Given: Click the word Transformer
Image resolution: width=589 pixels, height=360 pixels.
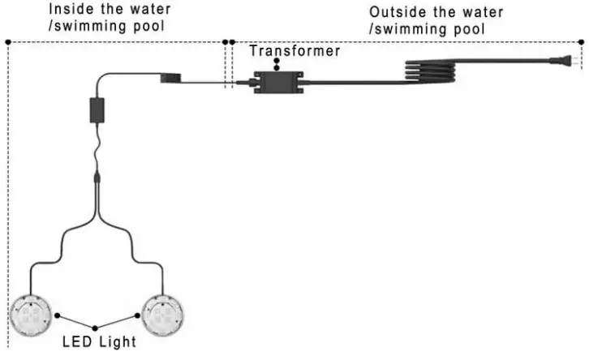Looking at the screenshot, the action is click(x=294, y=51).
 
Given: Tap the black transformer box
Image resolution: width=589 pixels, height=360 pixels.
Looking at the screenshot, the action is click(x=278, y=82).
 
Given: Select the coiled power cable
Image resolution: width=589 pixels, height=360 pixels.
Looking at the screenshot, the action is click(x=430, y=71).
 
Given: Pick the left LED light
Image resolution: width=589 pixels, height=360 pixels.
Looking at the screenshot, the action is click(x=31, y=315).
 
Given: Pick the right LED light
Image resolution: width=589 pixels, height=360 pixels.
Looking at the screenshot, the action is click(x=162, y=315).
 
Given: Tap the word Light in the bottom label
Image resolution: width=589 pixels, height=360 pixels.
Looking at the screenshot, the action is click(x=118, y=342).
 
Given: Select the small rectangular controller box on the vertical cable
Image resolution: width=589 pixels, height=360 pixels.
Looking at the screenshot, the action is click(x=97, y=110).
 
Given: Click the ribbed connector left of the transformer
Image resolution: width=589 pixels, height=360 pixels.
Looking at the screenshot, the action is click(x=170, y=78).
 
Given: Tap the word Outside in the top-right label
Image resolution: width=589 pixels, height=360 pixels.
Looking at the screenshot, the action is click(x=398, y=12).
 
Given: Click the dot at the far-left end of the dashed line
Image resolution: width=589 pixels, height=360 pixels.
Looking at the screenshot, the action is click(x=8, y=42).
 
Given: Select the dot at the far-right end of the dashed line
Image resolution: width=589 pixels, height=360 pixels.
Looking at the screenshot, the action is click(x=581, y=42).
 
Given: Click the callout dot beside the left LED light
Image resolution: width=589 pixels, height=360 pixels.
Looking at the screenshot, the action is click(x=57, y=315).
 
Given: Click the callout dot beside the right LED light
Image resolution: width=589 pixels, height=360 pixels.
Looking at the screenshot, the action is click(x=137, y=315).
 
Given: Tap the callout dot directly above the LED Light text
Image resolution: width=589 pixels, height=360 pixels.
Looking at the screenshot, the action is click(x=95, y=328).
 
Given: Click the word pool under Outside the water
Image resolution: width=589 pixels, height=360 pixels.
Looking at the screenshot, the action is click(x=469, y=29).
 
